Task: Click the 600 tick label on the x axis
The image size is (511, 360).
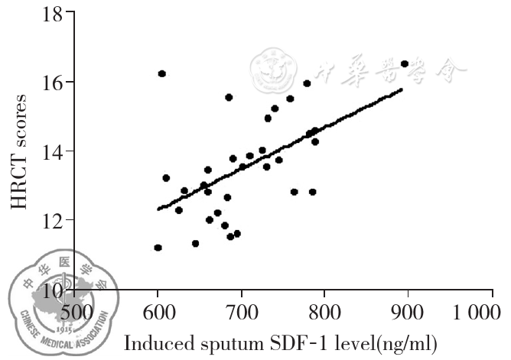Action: (x=158, y=313)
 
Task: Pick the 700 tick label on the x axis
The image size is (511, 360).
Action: (x=241, y=313)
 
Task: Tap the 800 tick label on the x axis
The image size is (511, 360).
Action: (x=324, y=313)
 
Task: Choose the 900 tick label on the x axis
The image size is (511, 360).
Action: (x=408, y=313)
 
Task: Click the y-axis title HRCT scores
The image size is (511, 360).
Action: (x=21, y=151)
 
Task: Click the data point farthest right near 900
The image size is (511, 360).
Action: (x=405, y=63)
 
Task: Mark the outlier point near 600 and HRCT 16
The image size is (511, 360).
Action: (x=162, y=73)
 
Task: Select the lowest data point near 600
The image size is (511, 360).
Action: (x=158, y=248)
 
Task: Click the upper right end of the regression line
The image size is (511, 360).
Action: (x=402, y=89)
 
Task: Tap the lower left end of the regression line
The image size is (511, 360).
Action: (x=158, y=208)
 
